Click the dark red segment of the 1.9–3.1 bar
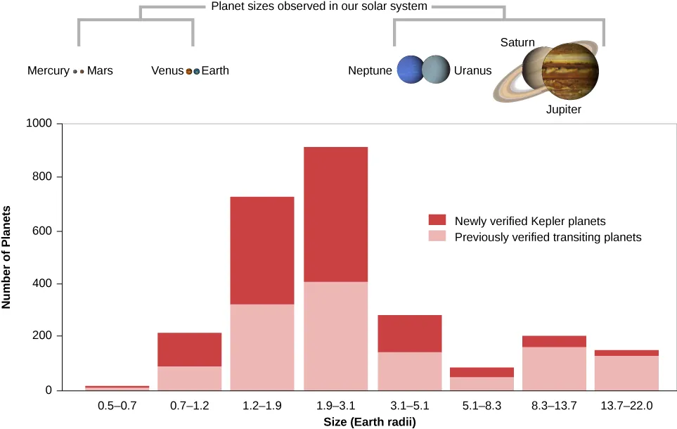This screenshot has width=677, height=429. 335,214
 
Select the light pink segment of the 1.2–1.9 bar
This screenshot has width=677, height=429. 262,347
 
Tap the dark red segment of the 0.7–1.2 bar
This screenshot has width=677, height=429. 188,350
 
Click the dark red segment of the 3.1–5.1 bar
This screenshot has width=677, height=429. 408,333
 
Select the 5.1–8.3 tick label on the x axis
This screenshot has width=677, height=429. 482,406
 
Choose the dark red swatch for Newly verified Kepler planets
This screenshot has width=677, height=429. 437,221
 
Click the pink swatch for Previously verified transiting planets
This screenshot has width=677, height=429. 437,237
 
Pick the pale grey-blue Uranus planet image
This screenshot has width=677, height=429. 436,70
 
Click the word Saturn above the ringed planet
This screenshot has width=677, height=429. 517,43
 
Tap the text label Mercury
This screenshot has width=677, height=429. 49,71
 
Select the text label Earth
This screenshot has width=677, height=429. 215,71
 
